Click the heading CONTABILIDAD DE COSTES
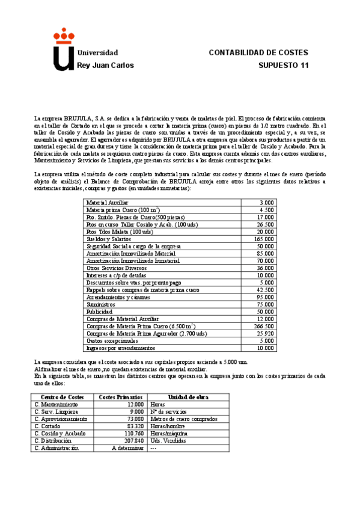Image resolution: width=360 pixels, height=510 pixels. pyautogui.click(x=258, y=52)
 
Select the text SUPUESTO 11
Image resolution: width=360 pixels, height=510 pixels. pyautogui.click(x=283, y=65)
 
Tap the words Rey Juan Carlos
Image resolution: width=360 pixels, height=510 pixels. pyautogui.click(x=106, y=65)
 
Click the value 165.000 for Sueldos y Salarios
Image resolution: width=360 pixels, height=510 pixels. pyautogui.click(x=263, y=239)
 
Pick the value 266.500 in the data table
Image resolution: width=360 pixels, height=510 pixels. pyautogui.click(x=263, y=326)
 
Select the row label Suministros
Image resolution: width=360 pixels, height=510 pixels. pyautogui.click(x=100, y=304)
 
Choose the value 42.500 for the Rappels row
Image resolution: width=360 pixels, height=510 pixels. pyautogui.click(x=264, y=290)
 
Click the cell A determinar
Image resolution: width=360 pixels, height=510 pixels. pyautogui.click(x=128, y=448)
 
